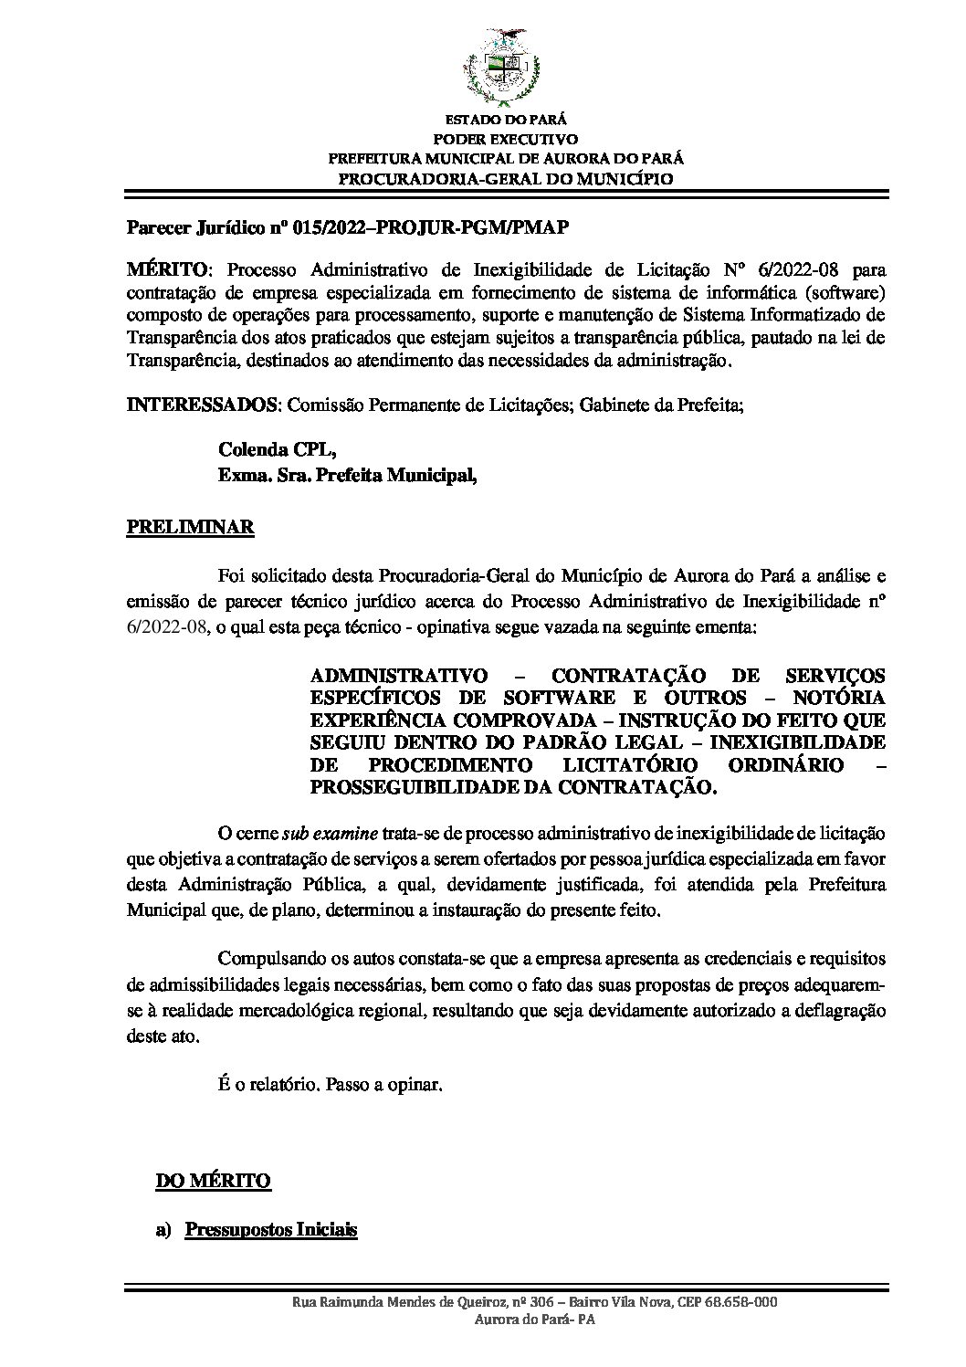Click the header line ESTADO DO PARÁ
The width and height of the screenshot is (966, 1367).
click(x=505, y=120)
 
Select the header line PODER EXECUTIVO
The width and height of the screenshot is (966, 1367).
click(x=505, y=139)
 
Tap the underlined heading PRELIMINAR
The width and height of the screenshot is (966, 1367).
click(x=190, y=528)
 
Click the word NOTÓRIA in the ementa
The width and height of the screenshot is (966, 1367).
click(x=840, y=697)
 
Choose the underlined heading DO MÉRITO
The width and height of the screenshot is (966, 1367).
click(x=214, y=1181)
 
